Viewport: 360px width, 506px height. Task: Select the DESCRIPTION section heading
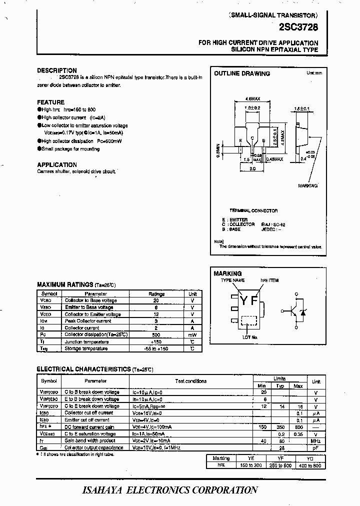tap(57, 70)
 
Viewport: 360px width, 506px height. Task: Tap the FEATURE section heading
tap(50, 102)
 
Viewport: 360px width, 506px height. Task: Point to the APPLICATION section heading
tap(57, 164)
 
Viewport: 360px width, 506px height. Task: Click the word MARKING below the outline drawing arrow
tap(307, 185)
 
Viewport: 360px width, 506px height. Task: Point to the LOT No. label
tap(250, 337)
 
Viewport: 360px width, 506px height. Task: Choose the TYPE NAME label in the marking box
tap(233, 280)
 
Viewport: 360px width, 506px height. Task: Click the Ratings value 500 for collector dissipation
tap(156, 334)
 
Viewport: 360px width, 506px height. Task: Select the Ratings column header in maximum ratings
tap(156, 294)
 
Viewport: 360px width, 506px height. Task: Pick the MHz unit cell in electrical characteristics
tap(315, 440)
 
